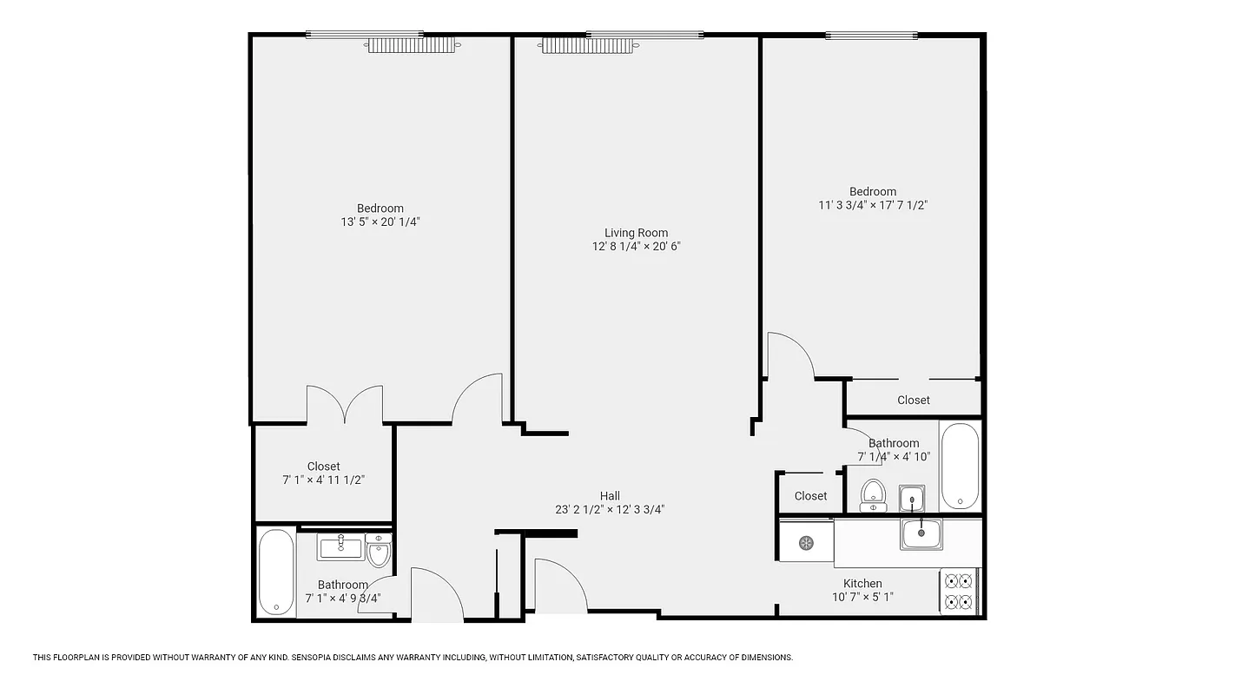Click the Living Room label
636,233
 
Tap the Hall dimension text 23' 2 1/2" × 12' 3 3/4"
610,510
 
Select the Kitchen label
862,584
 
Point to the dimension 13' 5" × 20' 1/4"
380,222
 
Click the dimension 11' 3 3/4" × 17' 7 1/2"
873,205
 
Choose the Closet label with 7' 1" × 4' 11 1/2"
323,467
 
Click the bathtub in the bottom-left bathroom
276,573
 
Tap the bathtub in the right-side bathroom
960,466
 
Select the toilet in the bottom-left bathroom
379,551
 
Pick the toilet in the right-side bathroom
873,494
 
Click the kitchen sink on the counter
921,533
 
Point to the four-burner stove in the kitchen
960,591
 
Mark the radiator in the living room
586,45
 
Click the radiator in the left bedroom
410,45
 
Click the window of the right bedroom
871,36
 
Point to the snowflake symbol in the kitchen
806,543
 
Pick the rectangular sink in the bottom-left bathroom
340,546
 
